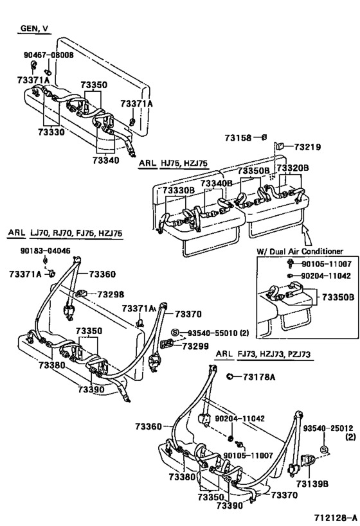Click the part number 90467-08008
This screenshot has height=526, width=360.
(48, 55)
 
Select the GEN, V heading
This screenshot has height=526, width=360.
(34, 28)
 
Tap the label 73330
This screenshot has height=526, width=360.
(51, 132)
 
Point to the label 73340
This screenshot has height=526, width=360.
(106, 161)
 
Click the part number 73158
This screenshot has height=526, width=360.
(238, 138)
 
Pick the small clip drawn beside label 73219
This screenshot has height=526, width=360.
(280, 146)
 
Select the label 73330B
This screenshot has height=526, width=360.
(179, 191)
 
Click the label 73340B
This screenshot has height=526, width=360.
(217, 184)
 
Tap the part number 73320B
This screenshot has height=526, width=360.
(293, 168)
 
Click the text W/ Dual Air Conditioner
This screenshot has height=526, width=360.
(300, 251)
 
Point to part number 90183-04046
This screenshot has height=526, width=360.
(46, 250)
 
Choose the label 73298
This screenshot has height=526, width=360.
(111, 295)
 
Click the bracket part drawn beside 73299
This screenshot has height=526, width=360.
(167, 343)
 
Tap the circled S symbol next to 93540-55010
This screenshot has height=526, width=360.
(175, 333)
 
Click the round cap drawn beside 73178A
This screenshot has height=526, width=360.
(230, 376)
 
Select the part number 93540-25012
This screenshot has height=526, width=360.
(328, 428)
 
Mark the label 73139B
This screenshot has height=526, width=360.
(312, 484)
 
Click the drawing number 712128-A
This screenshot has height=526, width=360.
(335, 517)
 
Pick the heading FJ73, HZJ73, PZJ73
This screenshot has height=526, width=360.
(274, 354)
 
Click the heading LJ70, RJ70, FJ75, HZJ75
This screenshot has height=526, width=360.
(76, 233)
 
